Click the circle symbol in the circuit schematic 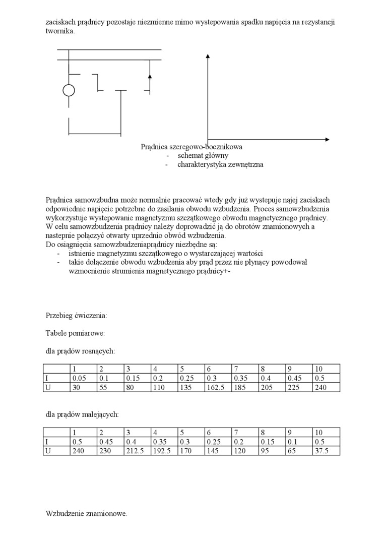tap(69, 90)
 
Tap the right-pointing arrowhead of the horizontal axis tap(327, 139)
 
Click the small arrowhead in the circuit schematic tap(149, 77)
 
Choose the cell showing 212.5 tap(137, 451)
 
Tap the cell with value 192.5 tap(164, 451)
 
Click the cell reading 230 tap(110, 451)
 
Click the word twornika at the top tap(60, 31)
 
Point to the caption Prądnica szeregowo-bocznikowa tap(191, 147)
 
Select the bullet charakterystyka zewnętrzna tap(220, 164)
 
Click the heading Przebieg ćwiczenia tap(76, 316)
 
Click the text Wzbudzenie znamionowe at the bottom tap(86, 514)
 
